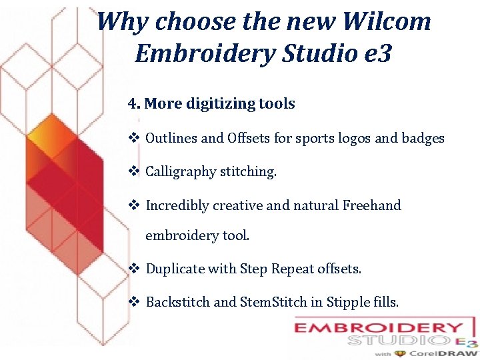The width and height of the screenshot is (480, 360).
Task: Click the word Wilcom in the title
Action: pyautogui.click(x=387, y=21)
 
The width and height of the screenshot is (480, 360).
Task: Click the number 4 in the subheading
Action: pyautogui.click(x=133, y=104)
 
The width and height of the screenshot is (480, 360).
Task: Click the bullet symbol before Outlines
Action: pyautogui.click(x=133, y=139)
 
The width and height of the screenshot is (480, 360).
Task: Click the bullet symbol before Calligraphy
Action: pyautogui.click(x=133, y=171)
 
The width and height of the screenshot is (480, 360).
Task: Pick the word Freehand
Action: pyautogui.click(x=371, y=205)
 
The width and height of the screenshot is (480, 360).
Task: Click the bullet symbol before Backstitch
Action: pyautogui.click(x=133, y=302)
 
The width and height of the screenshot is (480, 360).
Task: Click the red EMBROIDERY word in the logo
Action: pyautogui.click(x=379, y=328)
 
